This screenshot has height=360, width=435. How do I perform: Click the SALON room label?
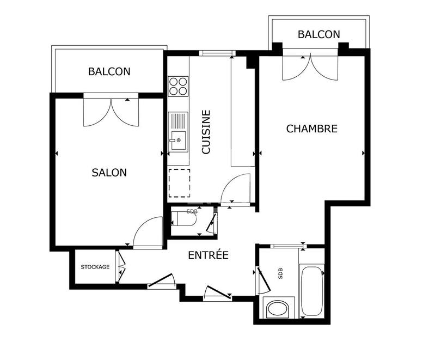click(x=109, y=173)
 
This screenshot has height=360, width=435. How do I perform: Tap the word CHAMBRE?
click(x=312, y=129)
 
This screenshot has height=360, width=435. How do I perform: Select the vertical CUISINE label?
click(x=206, y=132)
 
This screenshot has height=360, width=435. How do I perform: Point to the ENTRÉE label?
click(x=208, y=255)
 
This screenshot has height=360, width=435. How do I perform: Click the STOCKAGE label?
click(x=95, y=267)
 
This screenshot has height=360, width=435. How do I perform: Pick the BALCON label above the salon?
click(x=109, y=71)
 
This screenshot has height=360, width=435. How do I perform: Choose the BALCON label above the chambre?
click(x=318, y=34)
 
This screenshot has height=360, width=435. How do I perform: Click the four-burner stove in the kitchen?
click(x=178, y=85)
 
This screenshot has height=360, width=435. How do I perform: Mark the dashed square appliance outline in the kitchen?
click(x=179, y=182)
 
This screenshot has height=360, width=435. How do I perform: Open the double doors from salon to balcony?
click(x=111, y=111)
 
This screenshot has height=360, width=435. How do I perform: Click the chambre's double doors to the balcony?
click(x=310, y=66)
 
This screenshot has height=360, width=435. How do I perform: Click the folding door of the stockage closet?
click(x=121, y=266)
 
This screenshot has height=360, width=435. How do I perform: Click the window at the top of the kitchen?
click(x=217, y=53)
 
